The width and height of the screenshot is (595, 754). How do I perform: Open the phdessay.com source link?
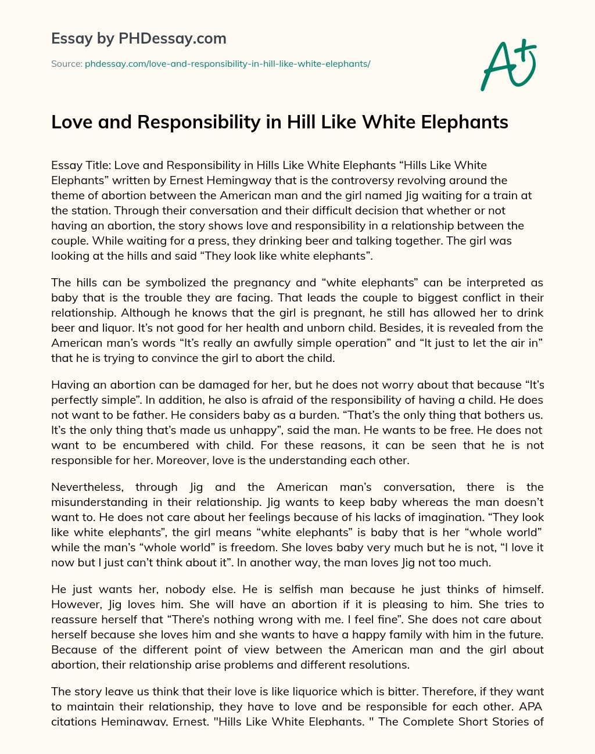point(227,64)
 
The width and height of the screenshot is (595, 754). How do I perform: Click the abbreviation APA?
point(532,706)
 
